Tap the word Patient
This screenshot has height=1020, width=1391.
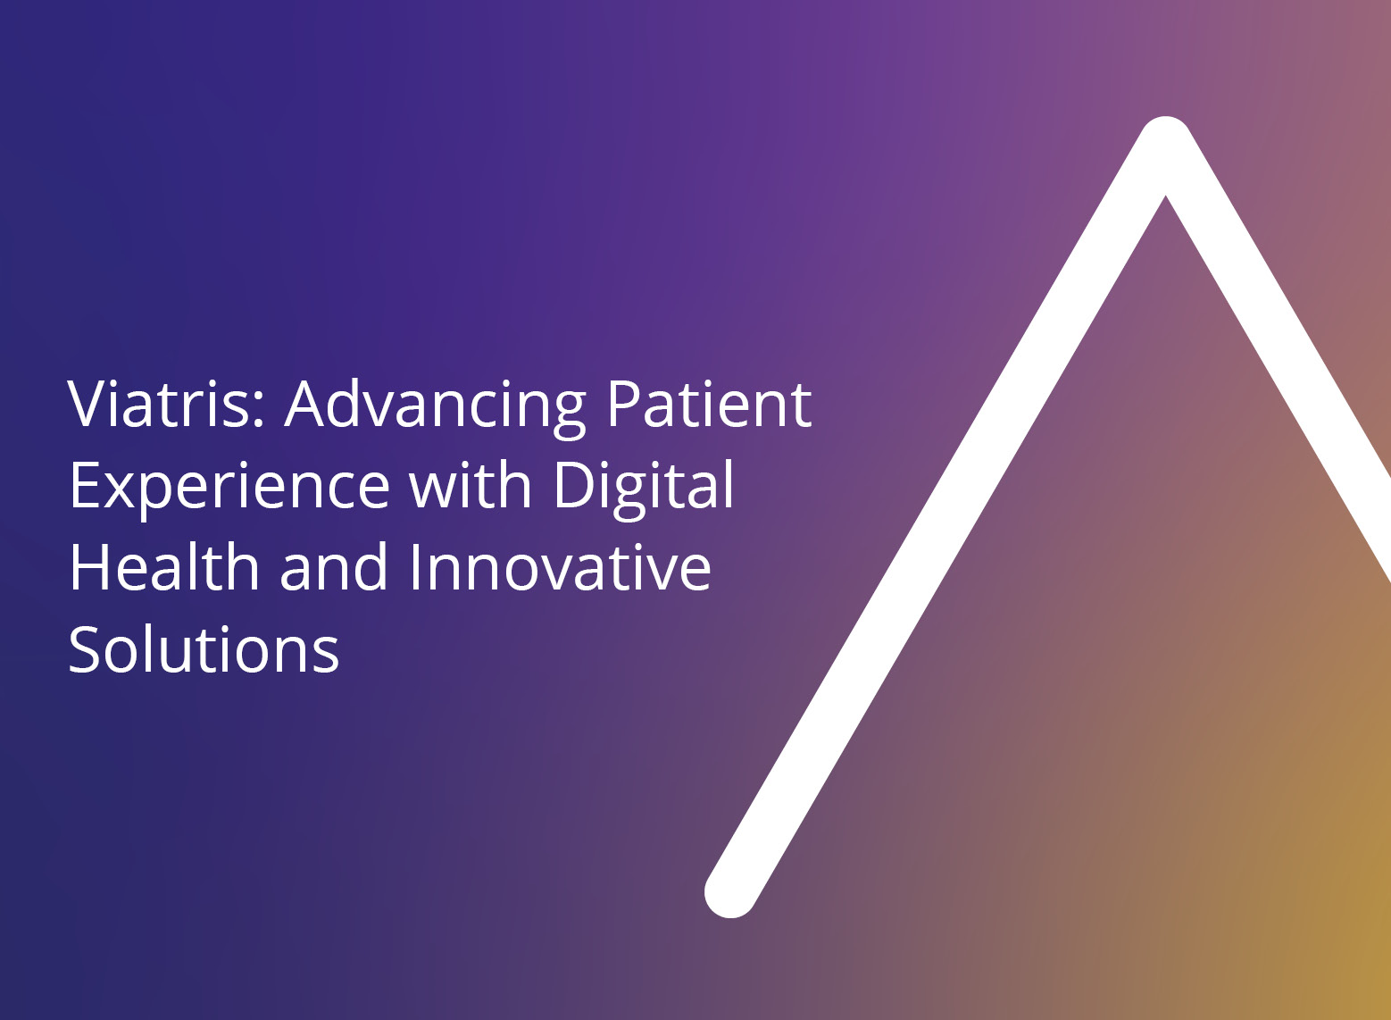point(709,405)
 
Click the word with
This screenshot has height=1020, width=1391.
point(470,484)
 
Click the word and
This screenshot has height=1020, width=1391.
point(334,566)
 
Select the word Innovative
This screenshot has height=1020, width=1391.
point(560,566)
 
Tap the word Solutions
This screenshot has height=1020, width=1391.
point(204,648)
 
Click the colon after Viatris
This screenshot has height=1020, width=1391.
point(260,410)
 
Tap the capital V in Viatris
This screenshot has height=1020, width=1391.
point(90,405)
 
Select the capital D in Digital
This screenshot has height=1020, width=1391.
point(574,484)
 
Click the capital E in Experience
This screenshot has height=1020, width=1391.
point(84,484)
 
